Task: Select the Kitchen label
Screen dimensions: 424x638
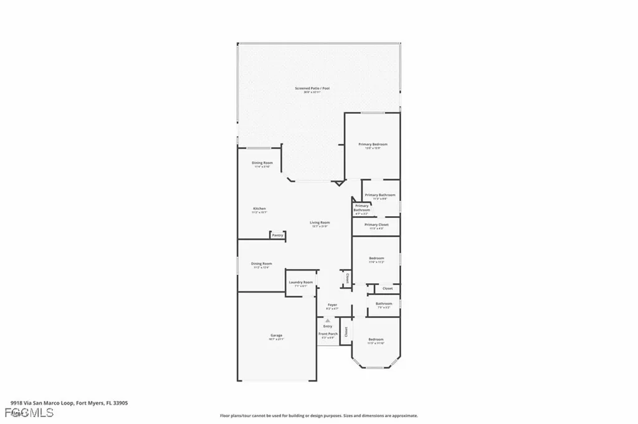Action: pyautogui.click(x=259, y=209)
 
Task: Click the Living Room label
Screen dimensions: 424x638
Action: pyautogui.click(x=320, y=222)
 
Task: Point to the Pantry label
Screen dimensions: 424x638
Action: pyautogui.click(x=278, y=235)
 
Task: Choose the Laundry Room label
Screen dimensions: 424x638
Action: pyautogui.click(x=301, y=283)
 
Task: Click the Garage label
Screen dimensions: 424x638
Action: pyautogui.click(x=276, y=336)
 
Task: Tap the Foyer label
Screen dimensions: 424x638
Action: pyautogui.click(x=332, y=305)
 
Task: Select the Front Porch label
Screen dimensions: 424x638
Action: pyautogui.click(x=328, y=334)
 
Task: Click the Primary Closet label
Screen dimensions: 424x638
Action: pyautogui.click(x=376, y=225)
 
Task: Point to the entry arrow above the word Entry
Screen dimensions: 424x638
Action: pyautogui.click(x=328, y=321)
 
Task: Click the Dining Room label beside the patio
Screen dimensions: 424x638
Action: pyautogui.click(x=262, y=163)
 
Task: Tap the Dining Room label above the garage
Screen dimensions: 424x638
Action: pyautogui.click(x=261, y=264)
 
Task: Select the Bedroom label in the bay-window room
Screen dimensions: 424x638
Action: pyautogui.click(x=376, y=340)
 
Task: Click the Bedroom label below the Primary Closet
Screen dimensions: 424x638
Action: pyautogui.click(x=376, y=258)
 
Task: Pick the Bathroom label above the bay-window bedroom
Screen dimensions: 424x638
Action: pyautogui.click(x=384, y=304)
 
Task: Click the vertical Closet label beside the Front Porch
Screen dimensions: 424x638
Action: pyautogui.click(x=346, y=331)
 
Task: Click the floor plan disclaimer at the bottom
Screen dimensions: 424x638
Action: pyautogui.click(x=318, y=416)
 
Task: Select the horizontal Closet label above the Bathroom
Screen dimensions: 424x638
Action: pyautogui.click(x=388, y=289)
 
